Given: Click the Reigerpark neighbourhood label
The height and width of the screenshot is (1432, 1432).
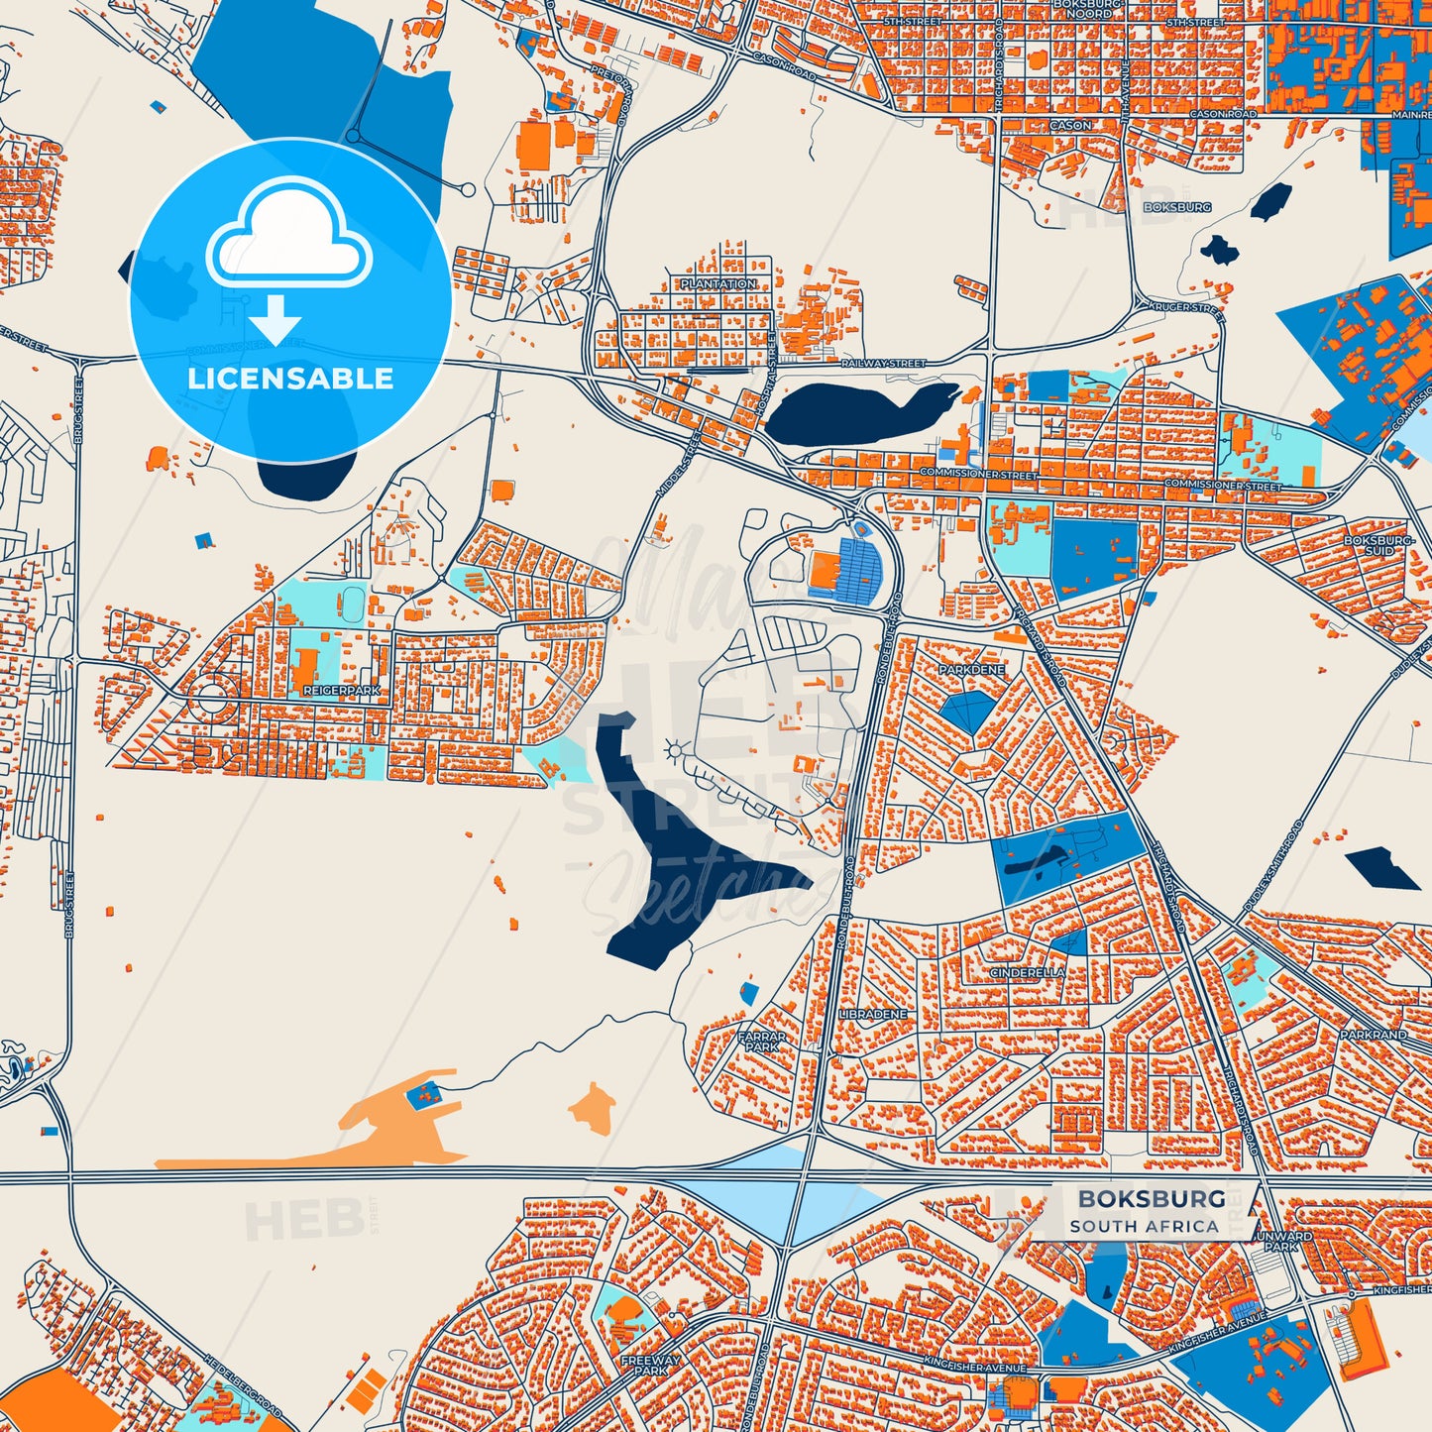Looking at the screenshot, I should point(343,690).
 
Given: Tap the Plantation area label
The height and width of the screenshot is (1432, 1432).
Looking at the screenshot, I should point(718,284).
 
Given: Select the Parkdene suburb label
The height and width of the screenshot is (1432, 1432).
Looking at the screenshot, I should point(971,670).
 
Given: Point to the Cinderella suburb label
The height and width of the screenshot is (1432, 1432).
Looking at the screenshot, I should point(1028,973).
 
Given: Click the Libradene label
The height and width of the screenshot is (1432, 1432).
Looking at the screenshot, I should point(872,1015).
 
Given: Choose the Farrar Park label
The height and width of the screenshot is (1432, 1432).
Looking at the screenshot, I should point(761,1042).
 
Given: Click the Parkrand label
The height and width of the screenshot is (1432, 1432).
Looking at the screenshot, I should point(1373,1035).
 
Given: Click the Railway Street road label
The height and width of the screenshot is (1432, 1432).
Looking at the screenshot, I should point(883,364).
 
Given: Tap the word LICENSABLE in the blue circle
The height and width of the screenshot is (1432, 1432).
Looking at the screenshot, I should point(290,379).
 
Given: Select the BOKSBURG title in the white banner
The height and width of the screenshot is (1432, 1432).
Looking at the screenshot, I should point(1152,1199).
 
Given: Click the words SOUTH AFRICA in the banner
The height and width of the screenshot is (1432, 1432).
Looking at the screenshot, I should point(1144,1226).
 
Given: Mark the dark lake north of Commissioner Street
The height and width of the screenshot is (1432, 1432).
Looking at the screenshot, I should point(857,411).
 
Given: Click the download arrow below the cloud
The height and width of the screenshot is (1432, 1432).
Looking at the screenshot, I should point(275,319).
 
